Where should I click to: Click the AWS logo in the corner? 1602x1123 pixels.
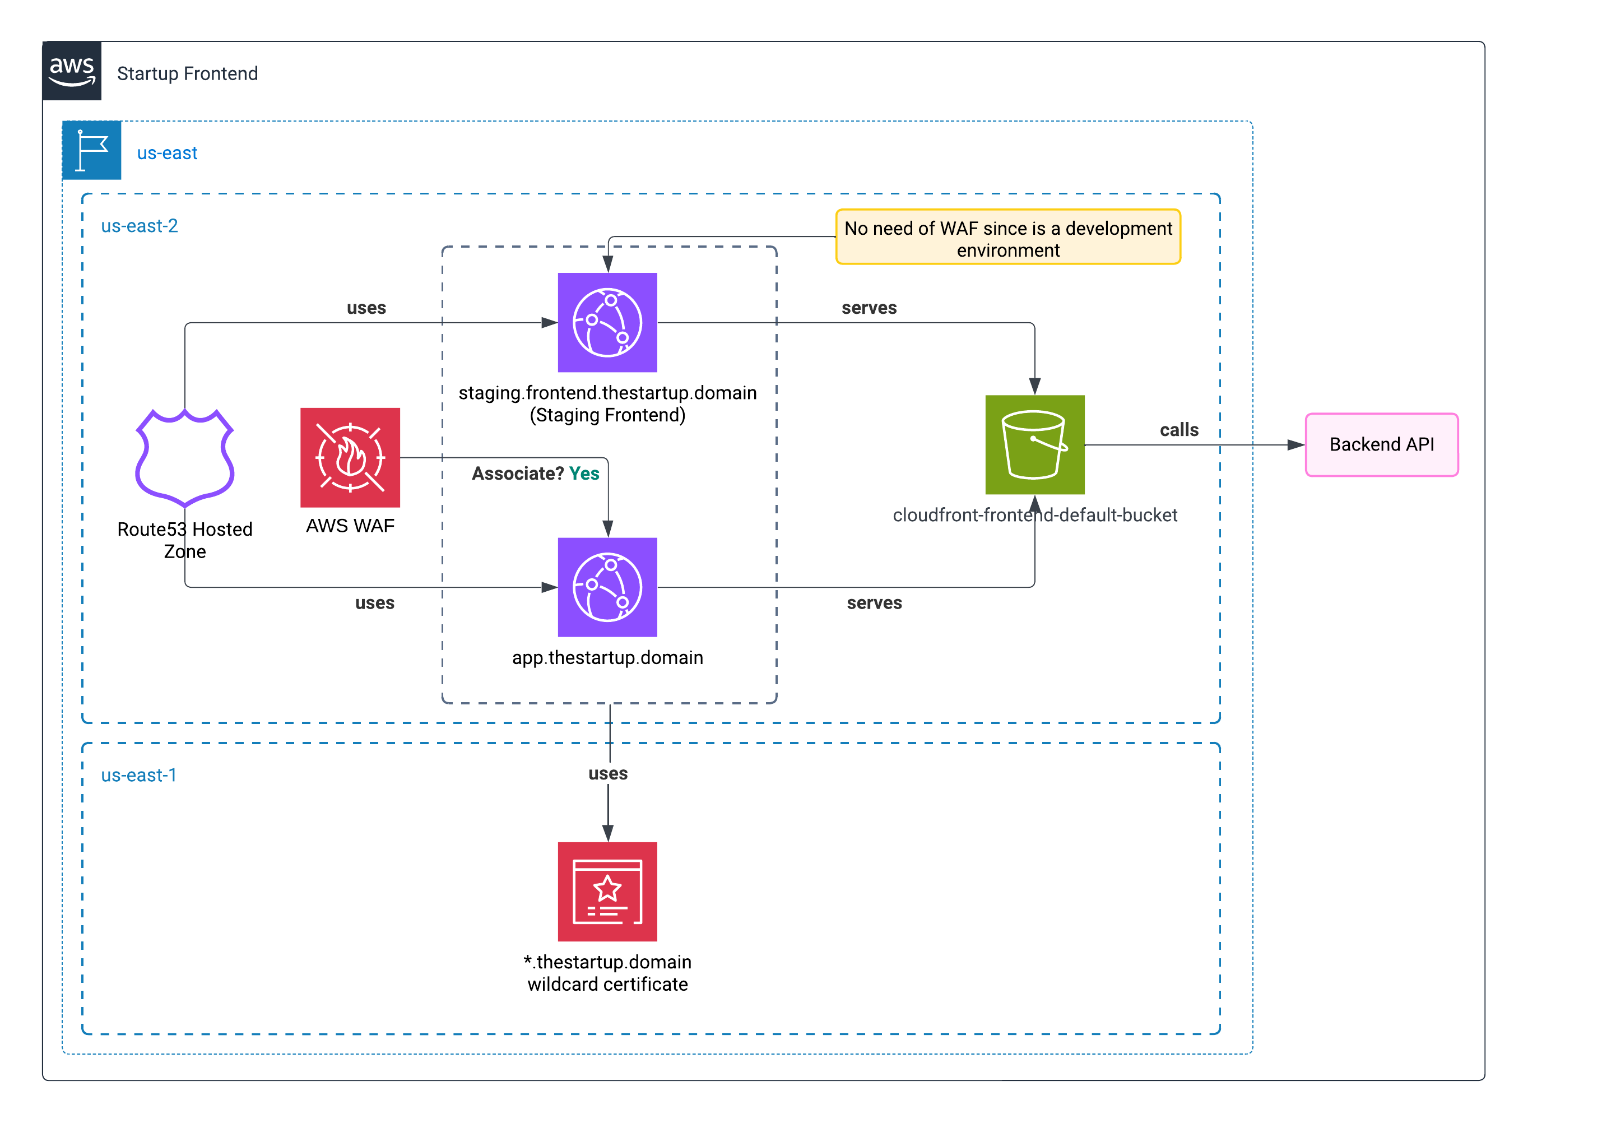click(x=72, y=71)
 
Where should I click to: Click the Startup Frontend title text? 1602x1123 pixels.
click(x=187, y=74)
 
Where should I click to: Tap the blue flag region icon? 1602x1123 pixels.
click(x=91, y=150)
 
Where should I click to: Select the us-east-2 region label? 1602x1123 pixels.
click(x=140, y=226)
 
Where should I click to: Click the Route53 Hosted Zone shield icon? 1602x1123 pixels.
click(x=185, y=458)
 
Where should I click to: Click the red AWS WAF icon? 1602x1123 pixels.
click(x=350, y=458)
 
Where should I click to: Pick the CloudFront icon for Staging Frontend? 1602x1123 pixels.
click(x=607, y=322)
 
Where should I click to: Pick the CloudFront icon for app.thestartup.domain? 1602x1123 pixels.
click(x=607, y=587)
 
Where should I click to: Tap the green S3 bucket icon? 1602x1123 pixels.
click(x=1035, y=444)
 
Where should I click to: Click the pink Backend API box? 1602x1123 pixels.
click(x=1382, y=444)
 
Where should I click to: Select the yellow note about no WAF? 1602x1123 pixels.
click(x=1007, y=237)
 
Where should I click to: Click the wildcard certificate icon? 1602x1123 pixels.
click(x=607, y=891)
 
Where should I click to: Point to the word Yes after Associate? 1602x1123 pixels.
click(x=584, y=474)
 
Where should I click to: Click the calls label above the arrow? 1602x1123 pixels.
click(x=1179, y=430)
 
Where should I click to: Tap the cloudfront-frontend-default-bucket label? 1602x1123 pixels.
click(x=1035, y=515)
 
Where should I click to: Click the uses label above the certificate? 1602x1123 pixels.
click(x=608, y=773)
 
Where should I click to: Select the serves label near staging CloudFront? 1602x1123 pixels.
click(x=869, y=308)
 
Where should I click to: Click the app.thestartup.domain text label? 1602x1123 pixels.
click(x=607, y=657)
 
